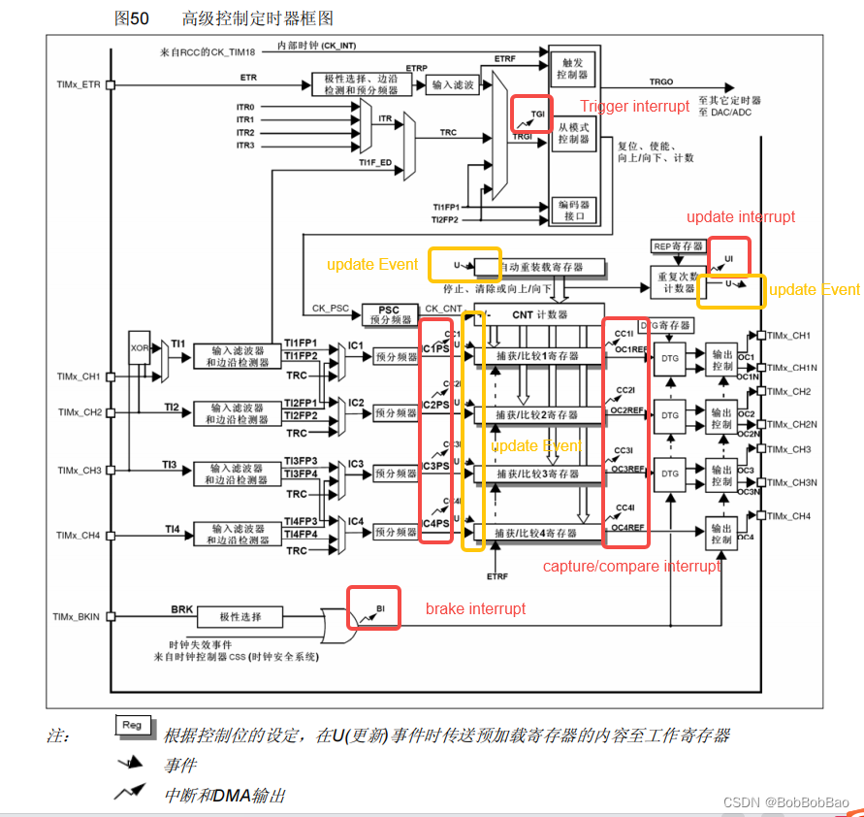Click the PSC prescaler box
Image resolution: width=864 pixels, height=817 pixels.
pyautogui.click(x=392, y=314)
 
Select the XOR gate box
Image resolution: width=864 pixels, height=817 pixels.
pyautogui.click(x=139, y=345)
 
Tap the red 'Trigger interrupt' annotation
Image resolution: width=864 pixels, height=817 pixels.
pyautogui.click(x=635, y=106)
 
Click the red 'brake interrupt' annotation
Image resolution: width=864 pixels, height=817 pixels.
pyautogui.click(x=475, y=608)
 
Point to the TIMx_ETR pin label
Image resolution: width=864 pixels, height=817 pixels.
pyautogui.click(x=79, y=85)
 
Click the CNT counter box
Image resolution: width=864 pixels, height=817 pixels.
pyautogui.click(x=539, y=315)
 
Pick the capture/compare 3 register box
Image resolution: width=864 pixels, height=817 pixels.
pyautogui.click(x=537, y=474)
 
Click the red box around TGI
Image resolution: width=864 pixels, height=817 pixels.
pyautogui.click(x=531, y=114)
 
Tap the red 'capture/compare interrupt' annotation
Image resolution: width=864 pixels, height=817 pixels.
pyautogui.click(x=631, y=566)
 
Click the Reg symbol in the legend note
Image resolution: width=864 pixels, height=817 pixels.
pyautogui.click(x=132, y=725)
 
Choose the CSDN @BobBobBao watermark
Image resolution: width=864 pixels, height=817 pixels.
pyautogui.click(x=785, y=803)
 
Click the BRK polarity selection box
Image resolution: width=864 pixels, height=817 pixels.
pyautogui.click(x=240, y=616)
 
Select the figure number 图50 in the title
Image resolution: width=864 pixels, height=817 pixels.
pyautogui.click(x=132, y=18)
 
